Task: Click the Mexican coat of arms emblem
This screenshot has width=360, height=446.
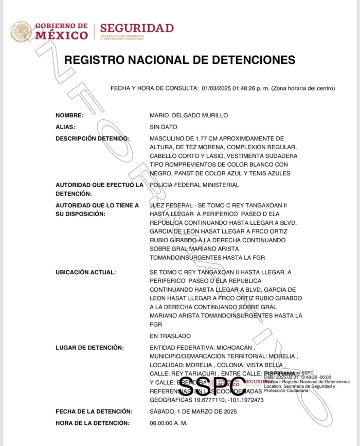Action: coord(21,31)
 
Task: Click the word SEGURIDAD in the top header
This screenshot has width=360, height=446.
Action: coord(137,28)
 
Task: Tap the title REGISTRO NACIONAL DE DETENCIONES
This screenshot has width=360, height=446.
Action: coord(179,60)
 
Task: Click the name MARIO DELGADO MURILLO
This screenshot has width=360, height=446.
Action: coord(188,115)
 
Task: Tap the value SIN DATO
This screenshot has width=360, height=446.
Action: coord(164,127)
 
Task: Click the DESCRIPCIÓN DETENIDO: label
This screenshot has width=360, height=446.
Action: coord(93,138)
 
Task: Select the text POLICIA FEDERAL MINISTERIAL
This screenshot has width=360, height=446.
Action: coord(194,185)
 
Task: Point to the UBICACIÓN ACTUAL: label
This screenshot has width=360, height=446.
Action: coord(86,272)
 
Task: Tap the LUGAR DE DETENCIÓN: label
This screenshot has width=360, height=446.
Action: coord(89,348)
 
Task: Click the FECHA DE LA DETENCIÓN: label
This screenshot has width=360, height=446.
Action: coord(94,411)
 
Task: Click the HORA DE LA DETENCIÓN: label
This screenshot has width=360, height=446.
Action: coord(93,423)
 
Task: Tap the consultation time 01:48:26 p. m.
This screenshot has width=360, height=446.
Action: coord(250,88)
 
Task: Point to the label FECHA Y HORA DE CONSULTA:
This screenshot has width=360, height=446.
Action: coord(154,88)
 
